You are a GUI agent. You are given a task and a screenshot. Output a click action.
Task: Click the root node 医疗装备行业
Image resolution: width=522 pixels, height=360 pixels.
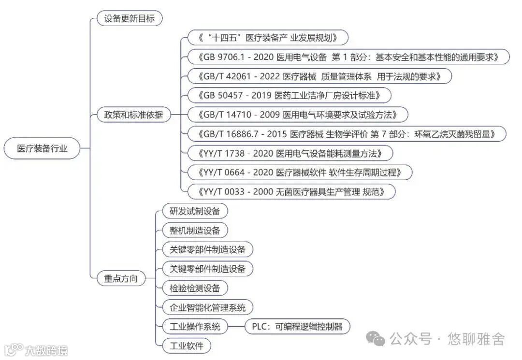coord(42,148)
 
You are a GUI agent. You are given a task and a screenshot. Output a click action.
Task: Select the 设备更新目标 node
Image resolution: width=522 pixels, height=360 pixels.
coord(129,19)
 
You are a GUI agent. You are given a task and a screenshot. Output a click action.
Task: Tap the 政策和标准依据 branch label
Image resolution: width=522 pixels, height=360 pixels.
coord(133,115)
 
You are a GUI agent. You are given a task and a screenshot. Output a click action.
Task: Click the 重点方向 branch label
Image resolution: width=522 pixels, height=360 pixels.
coord(121,278)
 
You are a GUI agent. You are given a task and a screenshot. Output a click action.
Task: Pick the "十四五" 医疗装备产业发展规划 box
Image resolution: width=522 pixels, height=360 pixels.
coord(267,38)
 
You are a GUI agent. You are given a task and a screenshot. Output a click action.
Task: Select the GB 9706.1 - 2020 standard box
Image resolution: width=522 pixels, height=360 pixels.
coord(348,57)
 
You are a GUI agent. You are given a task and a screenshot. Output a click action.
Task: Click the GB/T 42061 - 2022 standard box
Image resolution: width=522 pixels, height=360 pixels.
coord(319,76)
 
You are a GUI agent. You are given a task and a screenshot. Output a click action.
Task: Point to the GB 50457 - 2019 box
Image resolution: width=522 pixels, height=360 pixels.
coord(289,96)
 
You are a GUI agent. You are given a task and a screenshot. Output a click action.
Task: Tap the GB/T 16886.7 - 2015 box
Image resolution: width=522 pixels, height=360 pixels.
coord(346,134)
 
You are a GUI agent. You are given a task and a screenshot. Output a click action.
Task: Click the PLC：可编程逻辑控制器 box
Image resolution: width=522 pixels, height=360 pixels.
coord(297,327)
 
